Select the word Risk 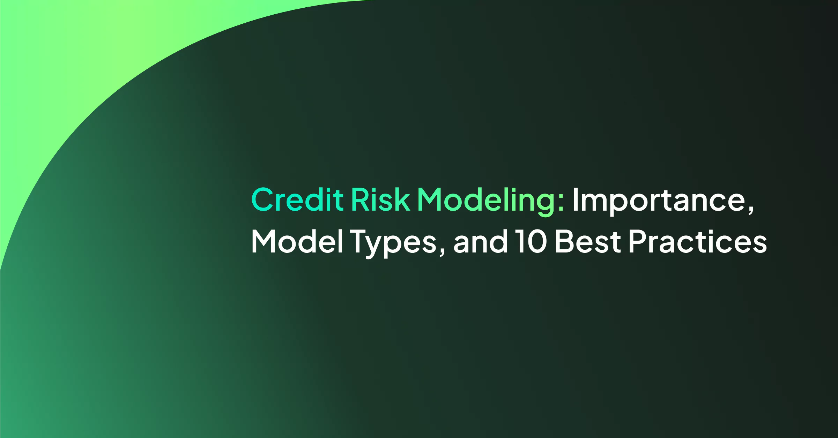pyautogui.click(x=380, y=199)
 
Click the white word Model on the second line pyautogui.click(x=297, y=241)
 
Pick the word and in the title pyautogui.click(x=481, y=241)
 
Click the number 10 pyautogui.click(x=531, y=241)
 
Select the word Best pyautogui.click(x=588, y=241)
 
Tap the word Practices pyautogui.click(x=698, y=241)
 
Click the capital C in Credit pyautogui.click(x=262, y=199)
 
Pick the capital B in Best pyautogui.click(x=565, y=241)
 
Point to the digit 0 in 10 pyautogui.click(x=536, y=241)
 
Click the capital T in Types pyautogui.click(x=360, y=241)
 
